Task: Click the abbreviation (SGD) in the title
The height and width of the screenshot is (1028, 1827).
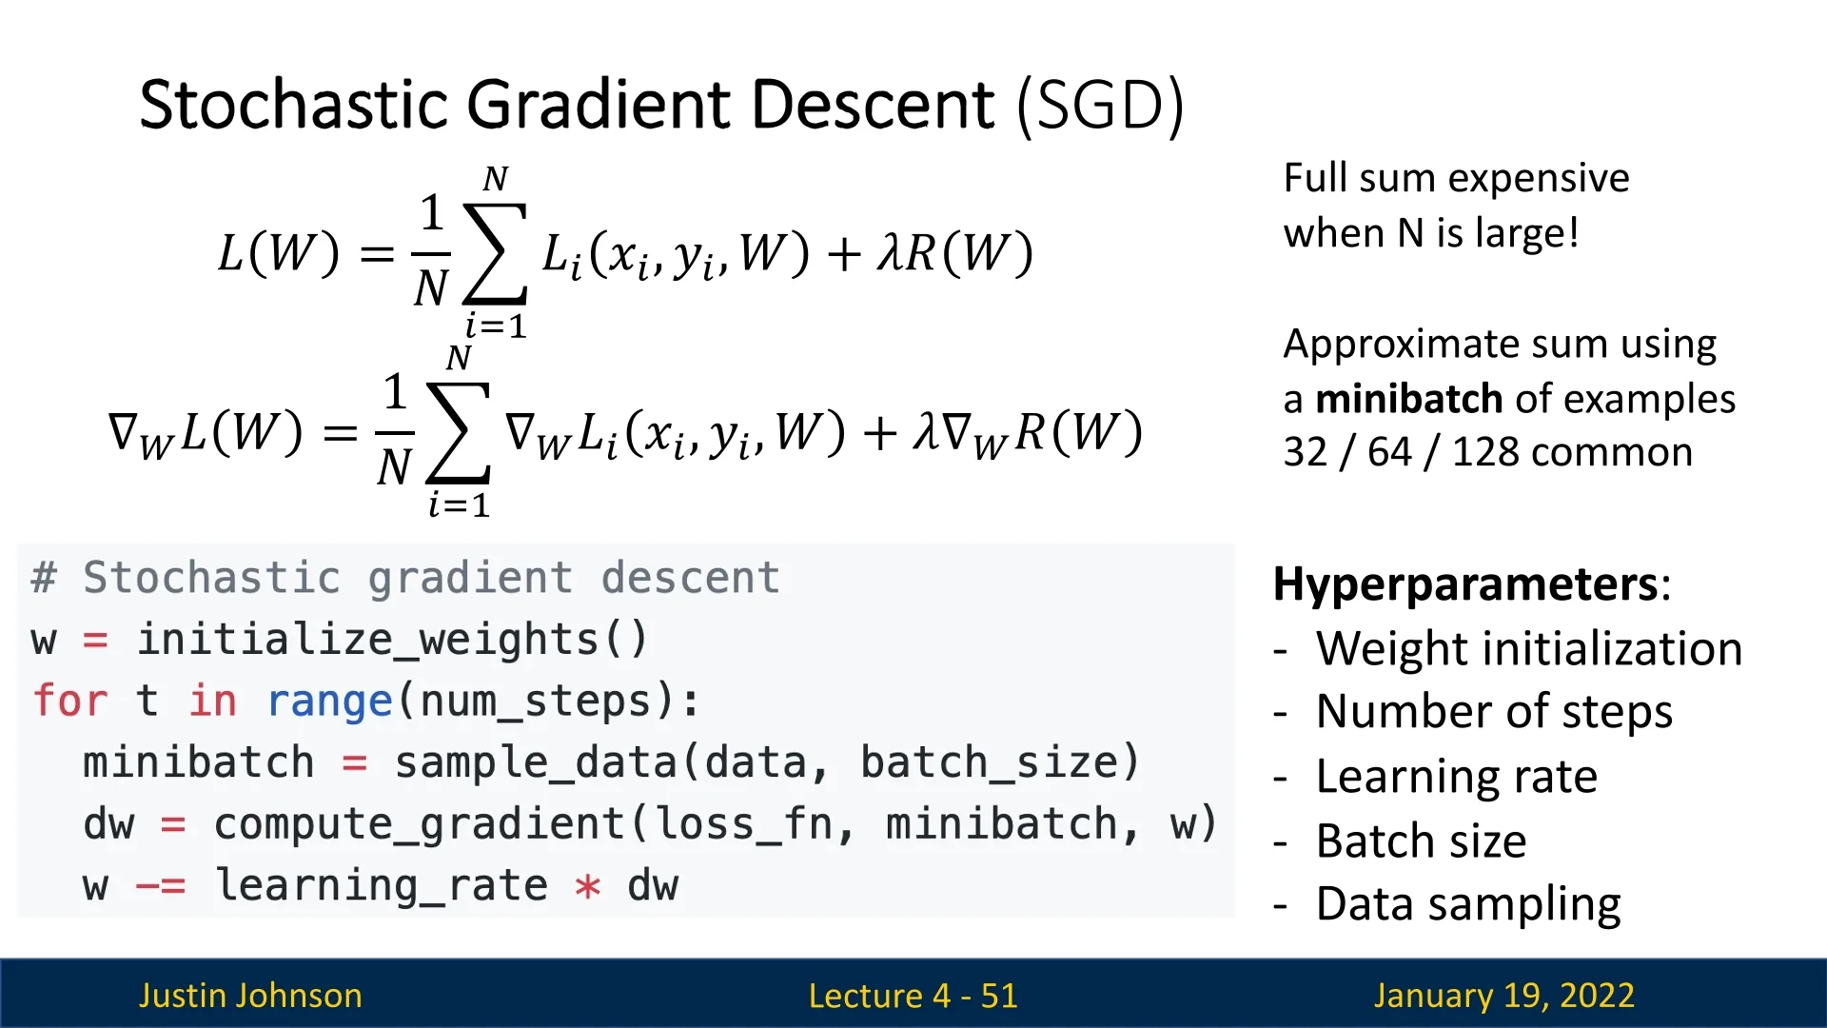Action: [1100, 106]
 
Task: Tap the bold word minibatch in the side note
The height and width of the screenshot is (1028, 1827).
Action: [1409, 399]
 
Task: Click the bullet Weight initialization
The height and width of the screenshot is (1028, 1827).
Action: [1529, 648]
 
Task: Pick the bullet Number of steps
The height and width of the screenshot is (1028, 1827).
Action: [1494, 711]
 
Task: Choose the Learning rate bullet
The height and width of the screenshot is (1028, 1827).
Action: [1457, 777]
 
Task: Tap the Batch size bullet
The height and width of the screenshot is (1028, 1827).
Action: [1422, 840]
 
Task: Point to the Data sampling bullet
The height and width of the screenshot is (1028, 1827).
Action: [1468, 904]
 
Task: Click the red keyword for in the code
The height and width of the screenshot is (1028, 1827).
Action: [70, 702]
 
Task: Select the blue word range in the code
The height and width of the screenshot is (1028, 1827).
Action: [330, 702]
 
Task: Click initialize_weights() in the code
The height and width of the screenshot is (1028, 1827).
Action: [392, 640]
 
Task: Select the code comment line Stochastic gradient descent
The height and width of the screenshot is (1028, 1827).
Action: [405, 578]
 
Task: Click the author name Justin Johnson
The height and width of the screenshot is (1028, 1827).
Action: [250, 996]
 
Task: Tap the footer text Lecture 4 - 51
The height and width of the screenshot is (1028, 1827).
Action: [913, 996]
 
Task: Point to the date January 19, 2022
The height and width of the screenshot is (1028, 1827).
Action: [1503, 996]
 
